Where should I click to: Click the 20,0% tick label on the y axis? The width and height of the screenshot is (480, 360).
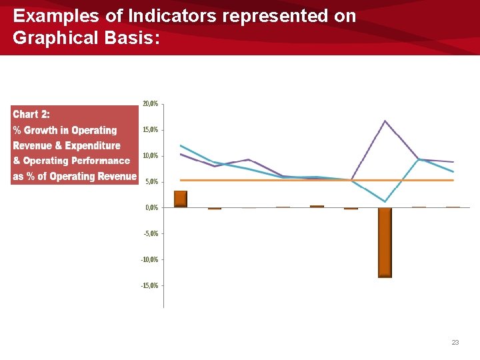tap(150, 104)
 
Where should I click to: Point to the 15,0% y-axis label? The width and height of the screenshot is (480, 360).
tap(150, 130)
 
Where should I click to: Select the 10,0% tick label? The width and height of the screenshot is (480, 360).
tap(150, 156)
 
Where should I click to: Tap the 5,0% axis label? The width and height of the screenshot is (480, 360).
tap(151, 181)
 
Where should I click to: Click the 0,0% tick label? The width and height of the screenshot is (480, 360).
tap(151, 207)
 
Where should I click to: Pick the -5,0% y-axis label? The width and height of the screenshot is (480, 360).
tap(150, 233)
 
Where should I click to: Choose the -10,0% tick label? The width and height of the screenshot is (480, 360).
tap(149, 259)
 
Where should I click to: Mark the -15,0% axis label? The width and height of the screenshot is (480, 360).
tap(149, 285)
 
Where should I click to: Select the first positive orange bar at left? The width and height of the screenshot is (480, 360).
tap(181, 199)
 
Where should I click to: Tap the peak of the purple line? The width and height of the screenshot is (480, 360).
tap(385, 121)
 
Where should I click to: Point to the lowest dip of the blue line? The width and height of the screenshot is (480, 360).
tap(385, 201)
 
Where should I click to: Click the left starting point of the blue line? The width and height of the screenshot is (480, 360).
tap(181, 145)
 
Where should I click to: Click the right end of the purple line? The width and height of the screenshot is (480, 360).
tap(453, 162)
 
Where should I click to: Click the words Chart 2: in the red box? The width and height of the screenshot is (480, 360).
tap(31, 114)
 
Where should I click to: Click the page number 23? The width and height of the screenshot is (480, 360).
tap(455, 342)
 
